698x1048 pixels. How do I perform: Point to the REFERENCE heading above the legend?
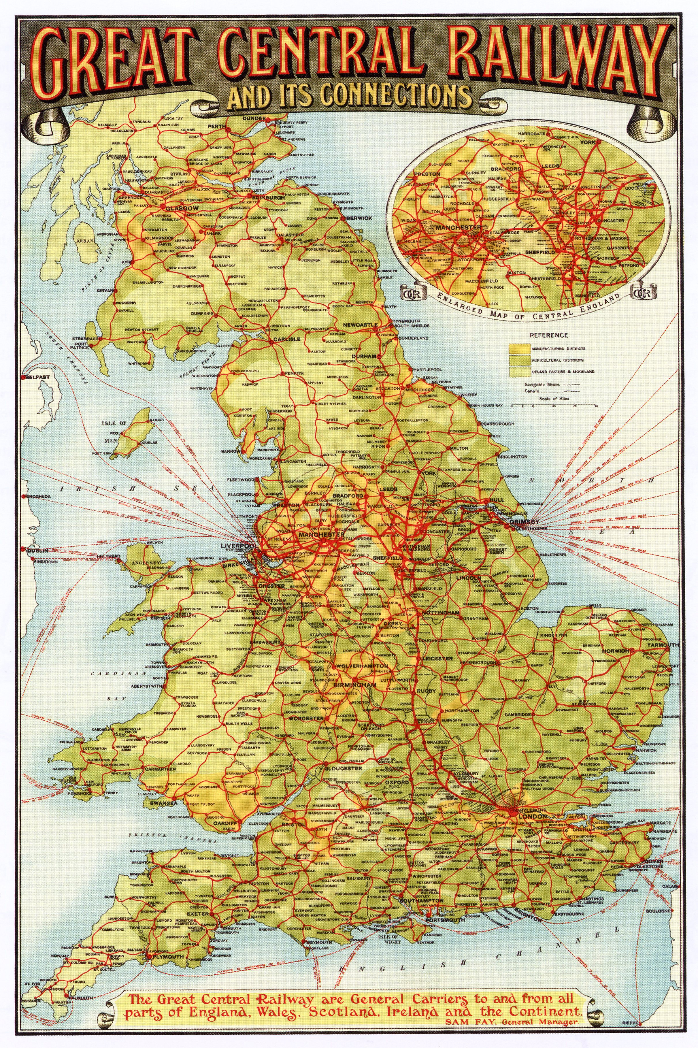(x=542, y=335)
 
